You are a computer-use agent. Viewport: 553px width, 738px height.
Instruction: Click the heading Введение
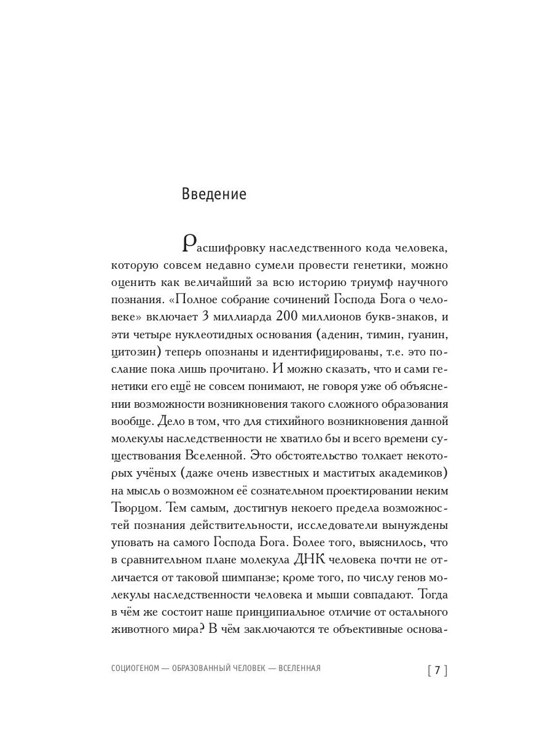214,194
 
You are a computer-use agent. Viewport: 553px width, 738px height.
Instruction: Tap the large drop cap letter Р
190,244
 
